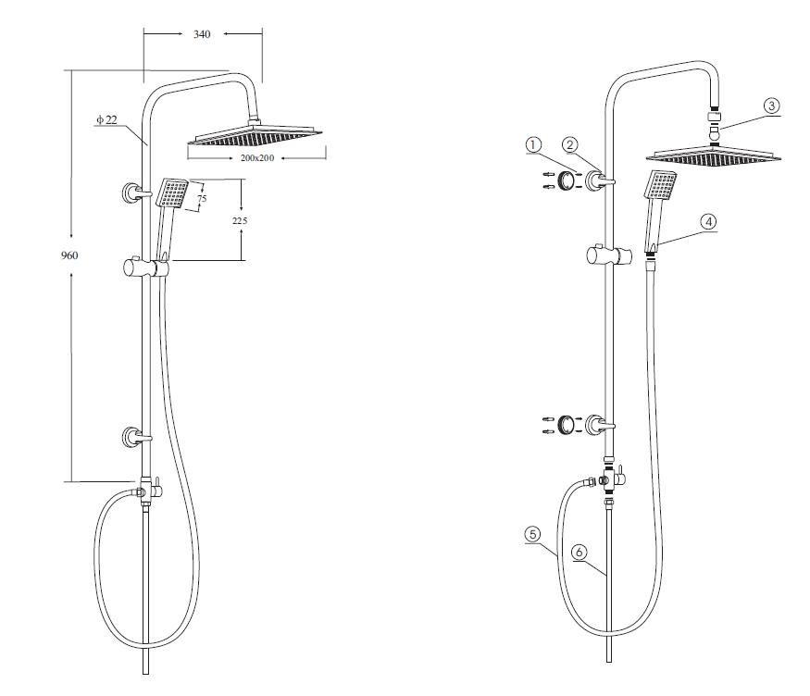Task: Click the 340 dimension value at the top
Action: [202, 34]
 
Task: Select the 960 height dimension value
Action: [69, 255]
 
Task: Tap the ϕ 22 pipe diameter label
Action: [107, 119]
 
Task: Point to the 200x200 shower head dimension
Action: [256, 157]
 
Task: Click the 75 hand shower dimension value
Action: [202, 198]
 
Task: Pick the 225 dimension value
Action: [240, 220]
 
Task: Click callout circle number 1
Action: [533, 145]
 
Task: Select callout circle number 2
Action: [570, 144]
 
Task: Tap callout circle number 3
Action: [771, 106]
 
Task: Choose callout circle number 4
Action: [708, 221]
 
